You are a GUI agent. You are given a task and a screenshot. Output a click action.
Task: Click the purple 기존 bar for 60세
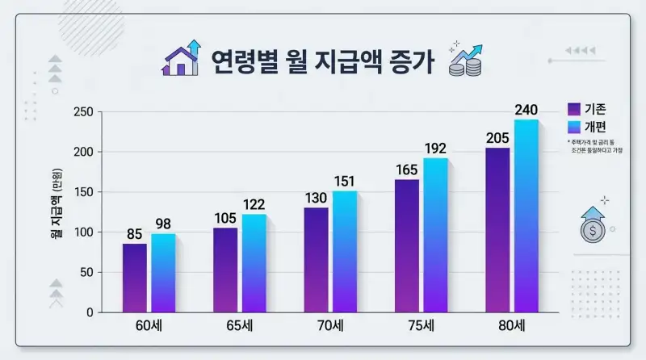[135, 278]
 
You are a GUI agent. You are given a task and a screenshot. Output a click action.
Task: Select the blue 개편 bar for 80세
[526, 216]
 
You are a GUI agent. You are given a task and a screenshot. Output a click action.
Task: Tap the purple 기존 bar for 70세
[317, 260]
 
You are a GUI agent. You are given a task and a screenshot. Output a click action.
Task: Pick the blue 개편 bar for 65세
[254, 263]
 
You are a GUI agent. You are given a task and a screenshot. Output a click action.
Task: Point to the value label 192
[435, 149]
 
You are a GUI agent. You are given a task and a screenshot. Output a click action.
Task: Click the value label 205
[497, 138]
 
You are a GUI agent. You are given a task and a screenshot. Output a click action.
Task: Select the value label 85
[135, 235]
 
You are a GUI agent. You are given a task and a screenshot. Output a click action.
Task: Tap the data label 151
[345, 181]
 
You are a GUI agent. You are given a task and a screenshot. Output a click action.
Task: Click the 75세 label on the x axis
[422, 327]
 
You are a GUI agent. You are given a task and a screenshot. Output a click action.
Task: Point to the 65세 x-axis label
[240, 327]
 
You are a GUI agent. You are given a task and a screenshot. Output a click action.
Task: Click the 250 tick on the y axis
[82, 111]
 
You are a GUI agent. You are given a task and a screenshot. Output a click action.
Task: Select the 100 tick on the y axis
[82, 232]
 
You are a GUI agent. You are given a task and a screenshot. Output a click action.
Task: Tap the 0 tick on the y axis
[89, 312]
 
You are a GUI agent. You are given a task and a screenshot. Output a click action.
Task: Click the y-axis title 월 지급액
[56, 212]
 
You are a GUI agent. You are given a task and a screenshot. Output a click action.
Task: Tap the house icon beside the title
[181, 58]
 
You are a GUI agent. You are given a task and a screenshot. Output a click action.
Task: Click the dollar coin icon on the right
[593, 228]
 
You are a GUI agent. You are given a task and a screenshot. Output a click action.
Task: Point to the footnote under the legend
[598, 147]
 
